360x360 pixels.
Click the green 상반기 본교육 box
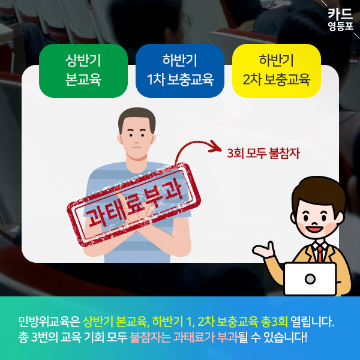pos(83,70)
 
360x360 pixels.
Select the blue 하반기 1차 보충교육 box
pos(180,70)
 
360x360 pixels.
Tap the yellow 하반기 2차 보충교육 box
pos(276,70)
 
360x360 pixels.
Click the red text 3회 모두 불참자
pos(263,152)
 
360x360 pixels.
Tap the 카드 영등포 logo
pos(340,19)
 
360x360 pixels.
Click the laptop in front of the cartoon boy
pos(310,279)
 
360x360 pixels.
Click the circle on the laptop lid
pos(310,280)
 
